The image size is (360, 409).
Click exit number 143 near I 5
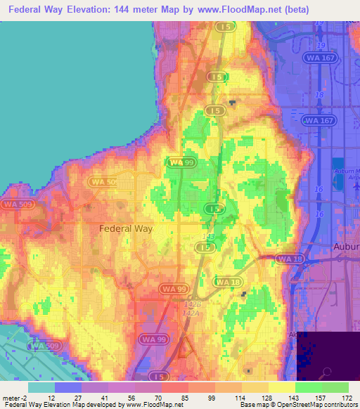[207, 237]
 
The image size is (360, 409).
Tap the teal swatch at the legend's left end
[41, 387]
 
